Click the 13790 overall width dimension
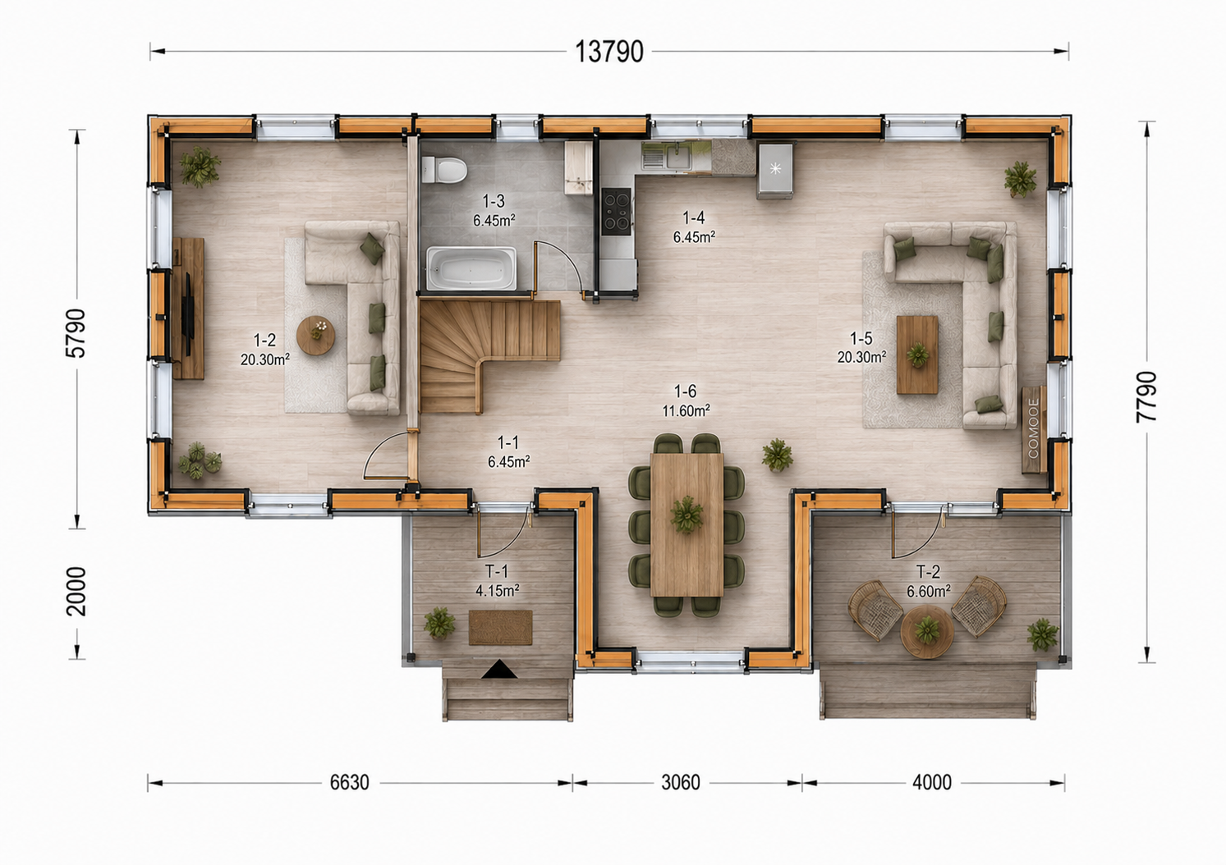[x=609, y=53]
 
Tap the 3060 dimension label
[x=680, y=783]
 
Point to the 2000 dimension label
[x=76, y=592]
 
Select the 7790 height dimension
[x=1146, y=396]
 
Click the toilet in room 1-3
[x=443, y=169]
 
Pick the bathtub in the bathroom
[x=471, y=268]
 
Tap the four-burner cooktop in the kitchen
[x=616, y=211]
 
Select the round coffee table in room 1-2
[x=316, y=335]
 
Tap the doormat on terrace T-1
[x=500, y=628]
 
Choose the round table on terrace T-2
[x=927, y=632]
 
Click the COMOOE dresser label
[x=1033, y=428]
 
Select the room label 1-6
[x=685, y=391]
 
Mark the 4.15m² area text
[x=498, y=590]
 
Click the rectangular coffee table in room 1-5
[x=917, y=355]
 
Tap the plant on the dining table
[x=686, y=515]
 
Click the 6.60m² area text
[x=928, y=592]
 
